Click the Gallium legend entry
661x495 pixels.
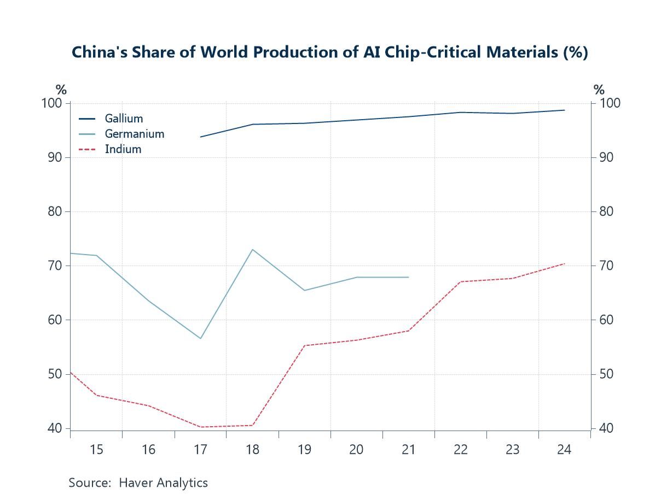coord(124,119)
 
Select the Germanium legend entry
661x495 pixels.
coord(134,134)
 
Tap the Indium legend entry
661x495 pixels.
coord(123,149)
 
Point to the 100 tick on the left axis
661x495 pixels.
coord(56,103)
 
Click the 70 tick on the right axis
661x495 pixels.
coord(607,266)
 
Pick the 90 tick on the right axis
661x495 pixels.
coord(607,158)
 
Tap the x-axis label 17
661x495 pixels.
coord(200,450)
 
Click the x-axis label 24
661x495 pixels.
coord(564,450)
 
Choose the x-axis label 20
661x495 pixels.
coord(356,450)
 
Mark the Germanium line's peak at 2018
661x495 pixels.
coord(252,250)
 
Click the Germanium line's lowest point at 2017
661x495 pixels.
coord(200,339)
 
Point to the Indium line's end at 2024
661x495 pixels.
coord(564,264)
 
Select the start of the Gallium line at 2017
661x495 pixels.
coord(201,137)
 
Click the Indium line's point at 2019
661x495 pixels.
coord(304,345)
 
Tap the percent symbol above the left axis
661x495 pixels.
coord(61,90)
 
